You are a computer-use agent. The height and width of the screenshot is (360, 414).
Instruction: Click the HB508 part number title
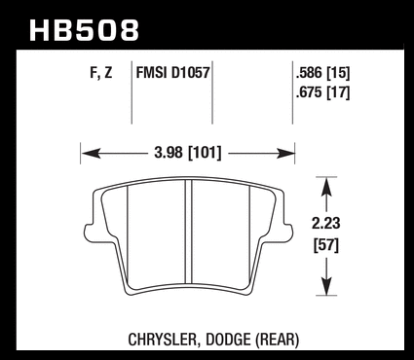84,30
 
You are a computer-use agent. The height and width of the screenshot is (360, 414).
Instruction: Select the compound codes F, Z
101,72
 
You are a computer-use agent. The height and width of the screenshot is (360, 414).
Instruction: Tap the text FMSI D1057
173,72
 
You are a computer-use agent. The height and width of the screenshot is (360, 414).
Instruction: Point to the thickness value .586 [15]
322,73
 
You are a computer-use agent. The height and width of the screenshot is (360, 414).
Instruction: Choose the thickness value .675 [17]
322,93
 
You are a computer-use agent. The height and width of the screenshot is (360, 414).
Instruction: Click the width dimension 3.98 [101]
188,153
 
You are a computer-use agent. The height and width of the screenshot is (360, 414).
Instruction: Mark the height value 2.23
326,224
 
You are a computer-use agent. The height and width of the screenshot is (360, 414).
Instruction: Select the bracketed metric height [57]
326,245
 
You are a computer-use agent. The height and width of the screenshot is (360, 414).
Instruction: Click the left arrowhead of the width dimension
91,153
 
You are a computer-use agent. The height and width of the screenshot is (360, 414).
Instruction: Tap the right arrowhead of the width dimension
284,153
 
